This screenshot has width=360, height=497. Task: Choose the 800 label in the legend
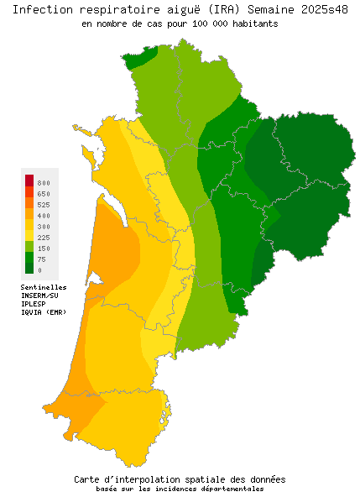click(x=44, y=183)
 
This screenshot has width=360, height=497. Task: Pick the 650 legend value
click(x=44, y=194)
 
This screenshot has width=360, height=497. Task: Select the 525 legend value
click(x=44, y=205)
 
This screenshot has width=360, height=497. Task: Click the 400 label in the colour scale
click(x=44, y=216)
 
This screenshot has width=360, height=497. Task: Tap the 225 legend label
click(x=44, y=238)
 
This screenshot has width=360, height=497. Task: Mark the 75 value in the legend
click(x=42, y=259)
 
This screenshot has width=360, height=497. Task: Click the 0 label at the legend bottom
click(x=39, y=270)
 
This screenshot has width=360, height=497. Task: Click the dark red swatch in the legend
click(x=29, y=180)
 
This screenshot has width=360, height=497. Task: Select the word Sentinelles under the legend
click(x=44, y=287)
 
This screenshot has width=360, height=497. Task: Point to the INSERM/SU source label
click(x=39, y=296)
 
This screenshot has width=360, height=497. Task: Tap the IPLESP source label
click(x=34, y=304)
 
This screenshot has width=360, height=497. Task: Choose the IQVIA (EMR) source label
click(x=44, y=312)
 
